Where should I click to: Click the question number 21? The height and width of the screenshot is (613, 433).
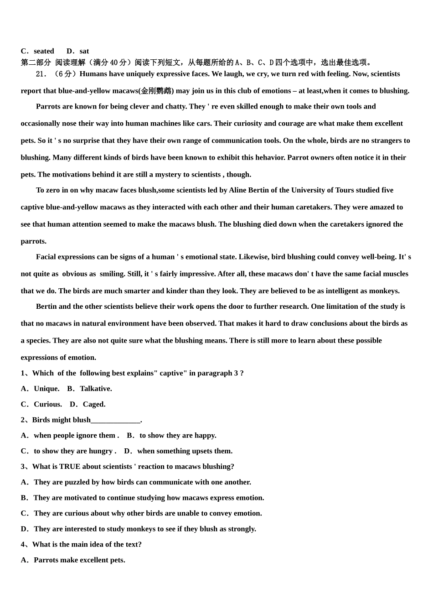41,74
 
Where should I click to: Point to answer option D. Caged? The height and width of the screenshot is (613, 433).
88,404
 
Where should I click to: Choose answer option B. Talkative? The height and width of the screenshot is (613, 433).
89,389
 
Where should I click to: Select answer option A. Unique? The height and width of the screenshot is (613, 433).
40,389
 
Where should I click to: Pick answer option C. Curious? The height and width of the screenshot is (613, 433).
41,404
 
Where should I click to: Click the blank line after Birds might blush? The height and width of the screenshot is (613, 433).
116,420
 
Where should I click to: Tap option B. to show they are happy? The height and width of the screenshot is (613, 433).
172,436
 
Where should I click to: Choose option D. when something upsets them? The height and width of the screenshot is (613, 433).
178,451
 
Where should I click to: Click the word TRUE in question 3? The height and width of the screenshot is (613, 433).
69,467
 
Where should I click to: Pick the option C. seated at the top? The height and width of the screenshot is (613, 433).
38,51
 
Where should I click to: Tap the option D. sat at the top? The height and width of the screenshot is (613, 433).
78,51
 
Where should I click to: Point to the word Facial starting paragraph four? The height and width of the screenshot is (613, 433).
47,257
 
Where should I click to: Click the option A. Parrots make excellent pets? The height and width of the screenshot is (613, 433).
73,560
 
